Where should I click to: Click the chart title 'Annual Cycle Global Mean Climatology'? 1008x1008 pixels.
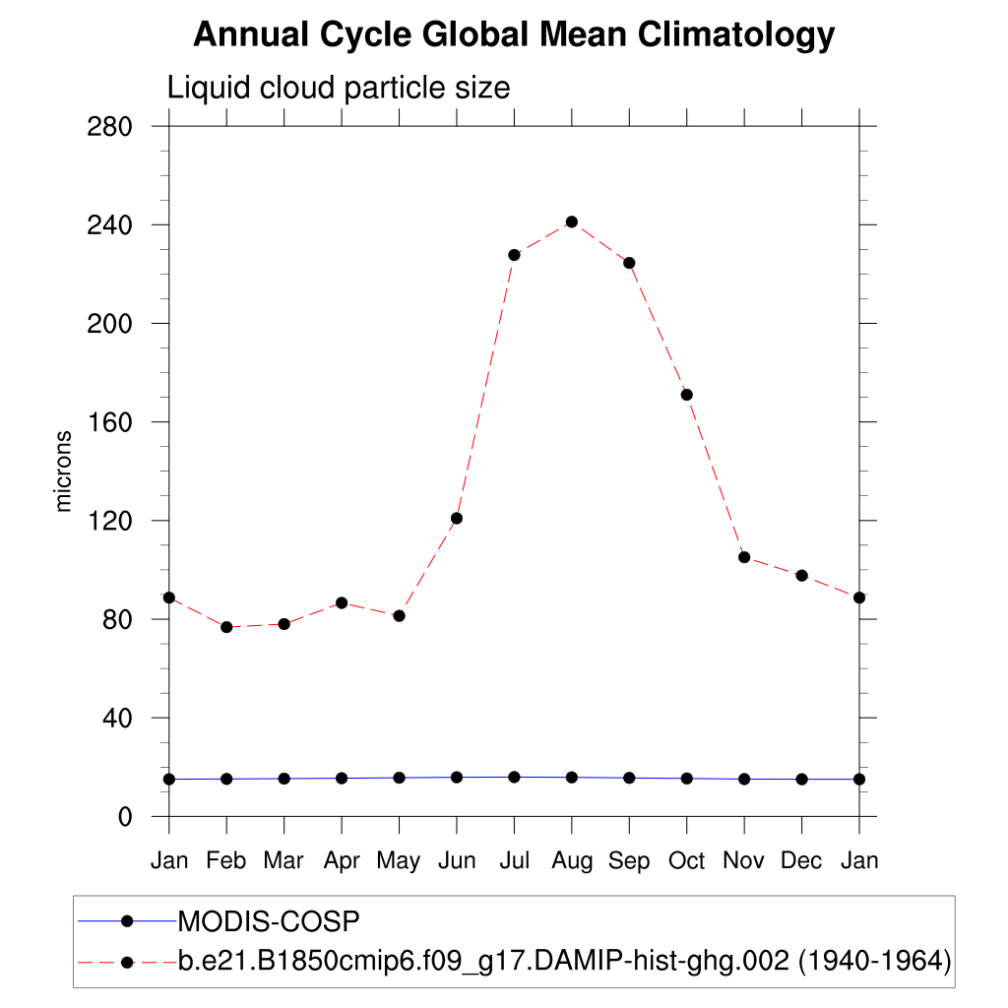click(514, 34)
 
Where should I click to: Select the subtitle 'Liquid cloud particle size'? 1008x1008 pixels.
click(339, 88)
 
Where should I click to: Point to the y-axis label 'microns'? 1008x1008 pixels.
click(64, 471)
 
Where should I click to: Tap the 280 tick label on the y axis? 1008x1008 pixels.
click(110, 127)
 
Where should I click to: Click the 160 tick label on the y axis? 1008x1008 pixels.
click(110, 422)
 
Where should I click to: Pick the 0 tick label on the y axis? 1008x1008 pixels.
click(124, 817)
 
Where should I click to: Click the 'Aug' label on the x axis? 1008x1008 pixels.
click(572, 861)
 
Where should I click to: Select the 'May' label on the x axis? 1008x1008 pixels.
click(399, 861)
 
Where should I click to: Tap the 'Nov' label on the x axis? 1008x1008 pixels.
click(744, 860)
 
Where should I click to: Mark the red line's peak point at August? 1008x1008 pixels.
click(572, 221)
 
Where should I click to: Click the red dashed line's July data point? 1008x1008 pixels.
click(514, 255)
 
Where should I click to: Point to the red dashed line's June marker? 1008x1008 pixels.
click(457, 518)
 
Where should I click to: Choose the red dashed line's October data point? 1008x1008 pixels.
click(687, 395)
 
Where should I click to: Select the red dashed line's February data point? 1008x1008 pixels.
click(226, 627)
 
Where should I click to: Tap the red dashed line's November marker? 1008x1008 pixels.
click(744, 557)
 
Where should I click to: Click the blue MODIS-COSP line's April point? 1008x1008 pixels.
click(342, 778)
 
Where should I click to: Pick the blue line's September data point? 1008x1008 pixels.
click(629, 778)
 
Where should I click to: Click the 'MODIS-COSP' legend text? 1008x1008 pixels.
click(269, 921)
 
